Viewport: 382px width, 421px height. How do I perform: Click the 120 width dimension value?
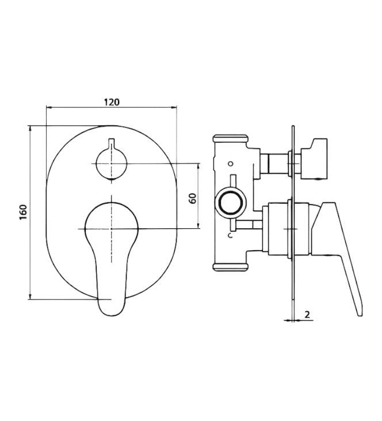click(112, 102)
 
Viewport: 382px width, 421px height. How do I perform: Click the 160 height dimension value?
click(24, 212)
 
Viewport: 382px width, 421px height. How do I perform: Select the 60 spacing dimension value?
click(193, 198)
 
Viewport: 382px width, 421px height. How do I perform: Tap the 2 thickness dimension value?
click(308, 315)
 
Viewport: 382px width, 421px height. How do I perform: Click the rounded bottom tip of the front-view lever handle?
click(111, 309)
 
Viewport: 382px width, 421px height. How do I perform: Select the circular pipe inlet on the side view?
click(231, 203)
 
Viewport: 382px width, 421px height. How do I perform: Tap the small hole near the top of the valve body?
click(231, 163)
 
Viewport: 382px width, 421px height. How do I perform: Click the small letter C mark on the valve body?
click(230, 236)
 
